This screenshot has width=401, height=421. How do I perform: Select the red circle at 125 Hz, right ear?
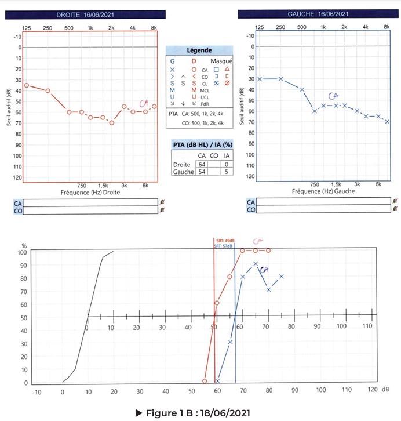click(x=26, y=85)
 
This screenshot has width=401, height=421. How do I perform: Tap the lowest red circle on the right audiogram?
click(x=112, y=122)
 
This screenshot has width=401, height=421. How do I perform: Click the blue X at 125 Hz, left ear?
click(x=260, y=79)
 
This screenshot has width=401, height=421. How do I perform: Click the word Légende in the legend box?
click(x=199, y=51)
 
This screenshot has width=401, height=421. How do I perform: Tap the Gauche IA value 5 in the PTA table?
click(x=226, y=172)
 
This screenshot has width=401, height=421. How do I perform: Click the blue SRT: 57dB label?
click(x=224, y=246)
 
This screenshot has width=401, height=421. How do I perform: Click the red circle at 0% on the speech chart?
click(x=205, y=381)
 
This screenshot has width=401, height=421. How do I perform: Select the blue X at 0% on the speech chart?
click(x=217, y=381)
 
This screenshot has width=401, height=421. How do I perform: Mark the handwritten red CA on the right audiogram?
click(x=143, y=103)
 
